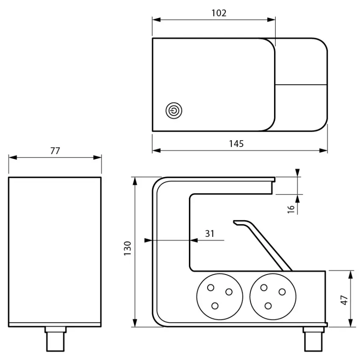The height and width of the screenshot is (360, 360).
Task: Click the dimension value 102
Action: (x=219, y=13)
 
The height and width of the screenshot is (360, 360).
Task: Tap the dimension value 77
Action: (x=55, y=150)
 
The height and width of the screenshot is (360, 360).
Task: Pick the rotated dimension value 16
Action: (x=291, y=209)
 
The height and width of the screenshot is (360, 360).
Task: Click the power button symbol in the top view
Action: (x=174, y=111)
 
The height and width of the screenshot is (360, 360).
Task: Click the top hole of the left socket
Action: (x=210, y=288)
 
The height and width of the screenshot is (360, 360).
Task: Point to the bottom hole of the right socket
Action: (x=268, y=306)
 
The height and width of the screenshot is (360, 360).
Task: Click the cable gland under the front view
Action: (x=55, y=339)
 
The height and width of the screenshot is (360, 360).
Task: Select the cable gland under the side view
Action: (x=313, y=339)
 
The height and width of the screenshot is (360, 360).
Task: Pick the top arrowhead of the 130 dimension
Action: (x=135, y=180)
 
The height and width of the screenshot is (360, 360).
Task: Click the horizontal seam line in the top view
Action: (x=301, y=85)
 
